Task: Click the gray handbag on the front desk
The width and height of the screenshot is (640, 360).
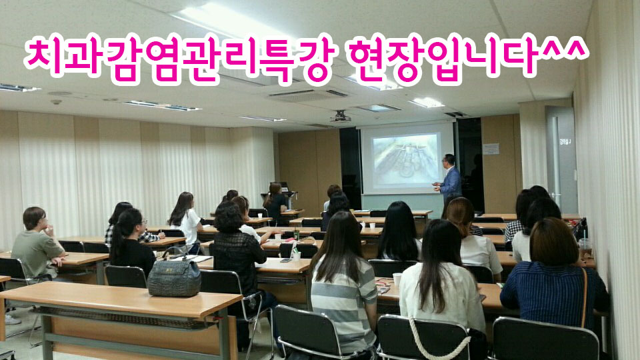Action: click(174, 275)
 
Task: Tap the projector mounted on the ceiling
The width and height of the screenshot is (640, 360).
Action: click(341, 117)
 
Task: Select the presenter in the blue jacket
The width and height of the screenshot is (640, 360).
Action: click(449, 179)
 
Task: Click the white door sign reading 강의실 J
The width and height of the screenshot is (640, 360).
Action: click(565, 141)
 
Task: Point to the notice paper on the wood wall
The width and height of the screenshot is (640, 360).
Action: click(491, 149)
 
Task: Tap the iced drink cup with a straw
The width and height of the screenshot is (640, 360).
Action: click(585, 247)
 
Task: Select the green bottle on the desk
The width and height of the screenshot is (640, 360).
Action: click(297, 234)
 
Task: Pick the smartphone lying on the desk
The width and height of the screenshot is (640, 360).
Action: click(285, 260)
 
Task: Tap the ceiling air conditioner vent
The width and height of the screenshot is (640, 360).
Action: click(308, 95)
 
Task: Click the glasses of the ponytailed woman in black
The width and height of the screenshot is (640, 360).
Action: click(143, 221)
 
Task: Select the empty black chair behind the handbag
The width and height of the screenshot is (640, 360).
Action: click(125, 276)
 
